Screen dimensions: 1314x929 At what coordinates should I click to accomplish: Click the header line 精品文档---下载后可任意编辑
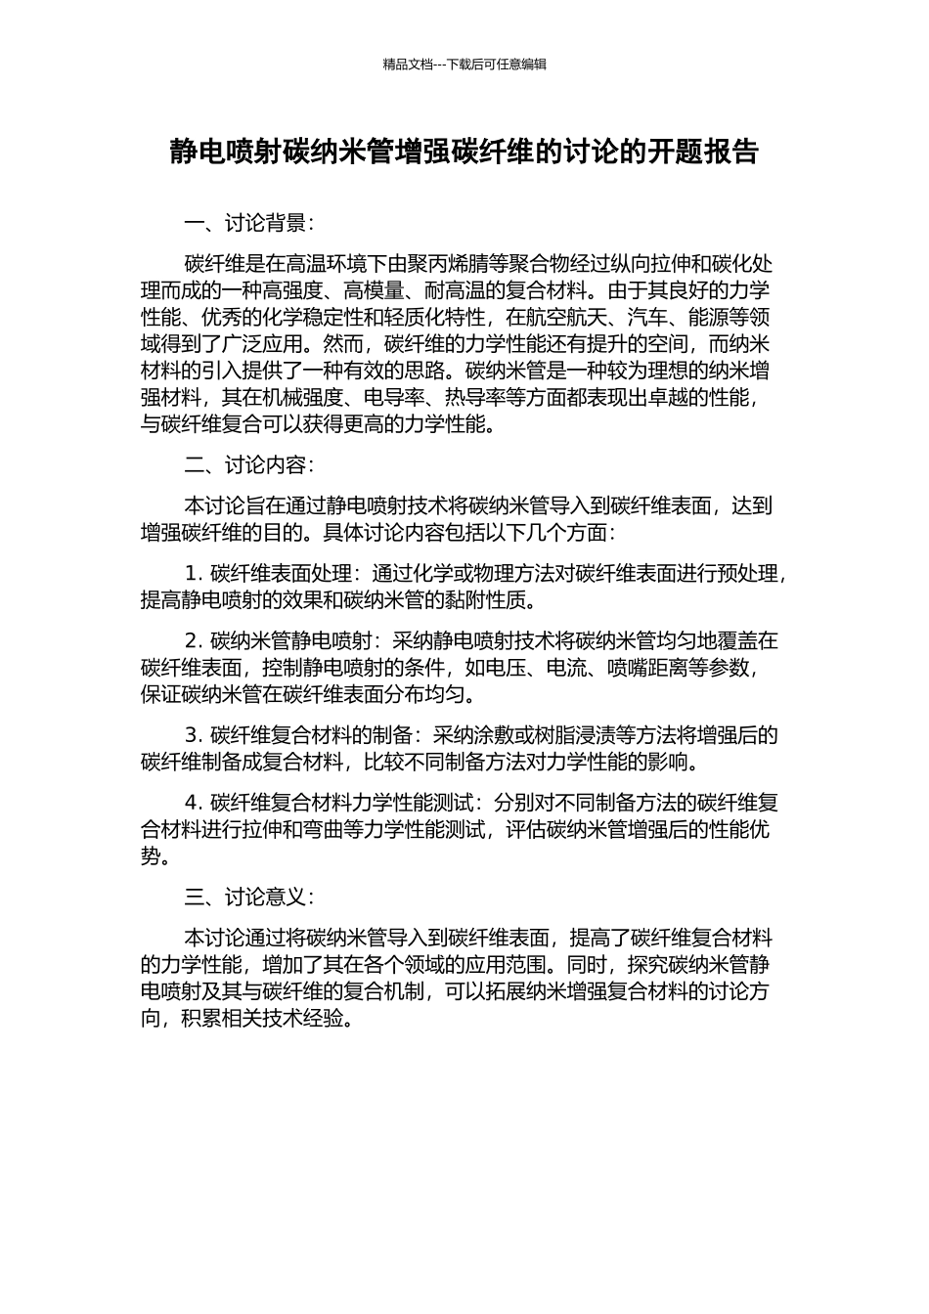click(464, 65)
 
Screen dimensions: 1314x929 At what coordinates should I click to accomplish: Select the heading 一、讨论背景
click(248, 224)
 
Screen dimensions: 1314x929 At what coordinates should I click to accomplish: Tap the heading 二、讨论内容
click(248, 464)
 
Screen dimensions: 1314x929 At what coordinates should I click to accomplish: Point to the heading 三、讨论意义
click(248, 897)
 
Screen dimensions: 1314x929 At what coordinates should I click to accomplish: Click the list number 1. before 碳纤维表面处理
click(193, 573)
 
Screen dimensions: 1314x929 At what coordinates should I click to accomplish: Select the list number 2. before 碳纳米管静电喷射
click(193, 641)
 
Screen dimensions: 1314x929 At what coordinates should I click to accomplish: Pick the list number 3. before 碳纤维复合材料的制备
click(193, 735)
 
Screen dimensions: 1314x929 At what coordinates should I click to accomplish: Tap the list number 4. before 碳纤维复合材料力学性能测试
click(193, 803)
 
